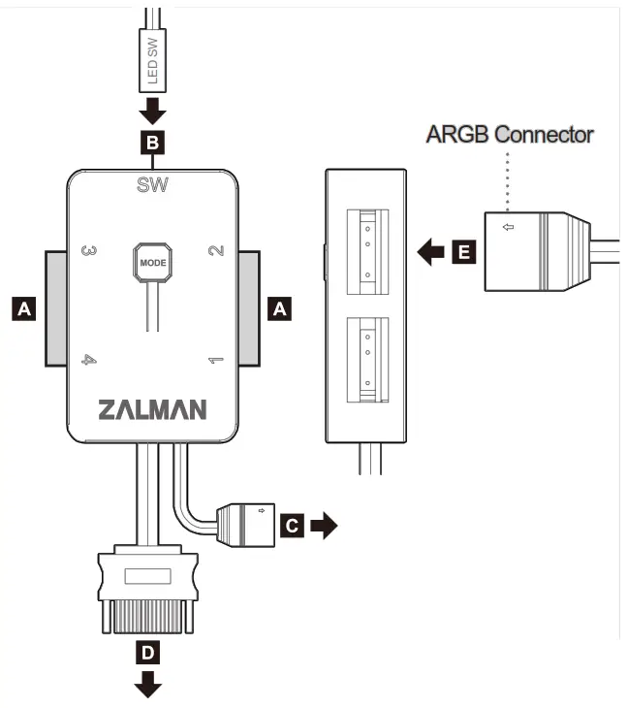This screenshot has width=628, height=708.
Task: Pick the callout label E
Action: (464, 254)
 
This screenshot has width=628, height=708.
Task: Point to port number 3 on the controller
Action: (88, 250)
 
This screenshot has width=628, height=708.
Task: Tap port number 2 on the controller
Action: (217, 250)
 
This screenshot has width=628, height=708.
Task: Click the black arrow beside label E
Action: (426, 254)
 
